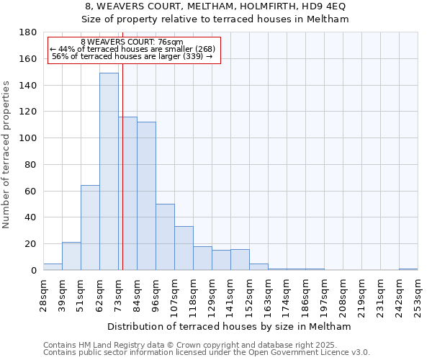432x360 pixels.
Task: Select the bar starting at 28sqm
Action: tap(53, 266)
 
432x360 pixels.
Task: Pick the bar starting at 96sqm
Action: tap(165, 237)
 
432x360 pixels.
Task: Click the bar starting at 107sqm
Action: tap(184, 248)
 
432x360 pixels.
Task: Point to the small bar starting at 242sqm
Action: tap(408, 269)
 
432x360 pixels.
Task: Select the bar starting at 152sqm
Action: tap(258, 267)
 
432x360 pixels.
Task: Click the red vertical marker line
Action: tap(123, 180)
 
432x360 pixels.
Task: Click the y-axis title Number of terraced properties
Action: tap(6, 154)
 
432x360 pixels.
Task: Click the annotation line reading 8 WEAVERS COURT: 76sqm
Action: tap(132, 42)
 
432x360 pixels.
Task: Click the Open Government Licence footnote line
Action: tap(207, 352)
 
